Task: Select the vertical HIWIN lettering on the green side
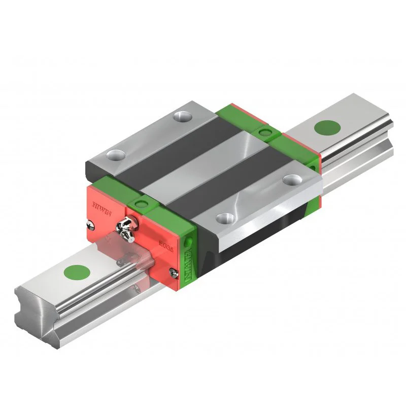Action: pyautogui.click(x=189, y=264)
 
